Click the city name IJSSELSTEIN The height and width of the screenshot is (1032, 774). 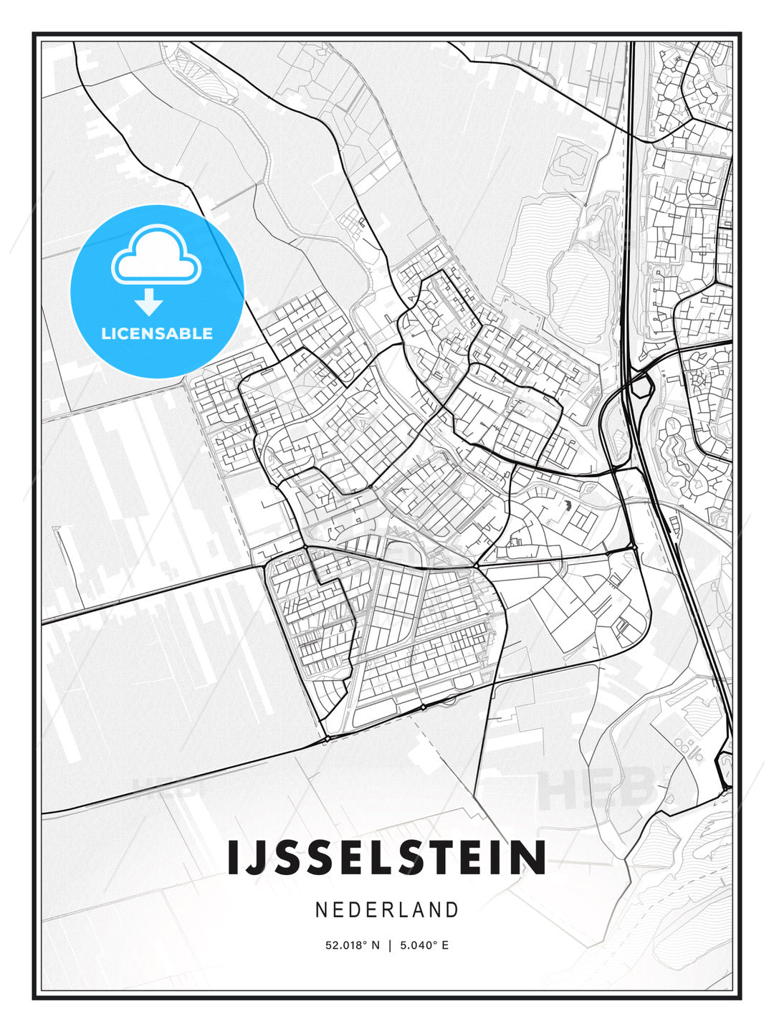(x=386, y=858)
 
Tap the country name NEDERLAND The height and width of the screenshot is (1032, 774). (x=386, y=909)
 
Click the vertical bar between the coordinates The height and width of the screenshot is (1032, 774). (x=390, y=945)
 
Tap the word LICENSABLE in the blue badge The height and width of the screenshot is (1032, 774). (x=157, y=333)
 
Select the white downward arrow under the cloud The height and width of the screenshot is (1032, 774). (x=149, y=302)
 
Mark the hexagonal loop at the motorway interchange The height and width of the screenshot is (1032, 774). (x=641, y=387)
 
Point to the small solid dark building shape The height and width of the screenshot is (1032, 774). (x=566, y=506)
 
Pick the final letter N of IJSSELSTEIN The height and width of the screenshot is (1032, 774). (x=531, y=858)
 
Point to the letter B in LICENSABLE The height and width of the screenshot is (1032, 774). (x=186, y=333)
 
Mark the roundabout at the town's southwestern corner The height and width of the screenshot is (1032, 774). (x=327, y=737)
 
